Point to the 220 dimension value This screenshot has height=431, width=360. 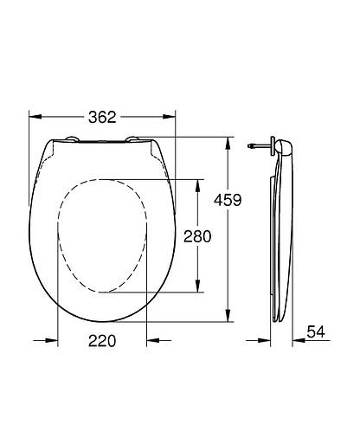point(103,341)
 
